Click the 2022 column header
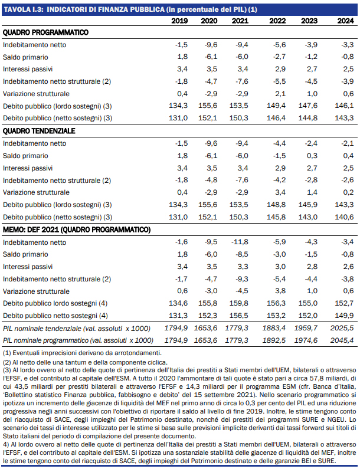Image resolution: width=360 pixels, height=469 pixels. click(277, 21)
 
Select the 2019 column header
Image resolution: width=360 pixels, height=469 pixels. click(179, 21)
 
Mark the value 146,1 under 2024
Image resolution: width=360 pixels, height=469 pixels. click(344, 106)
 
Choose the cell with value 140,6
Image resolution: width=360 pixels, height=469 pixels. click(344, 217)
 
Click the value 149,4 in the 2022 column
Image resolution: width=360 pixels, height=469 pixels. click(278, 106)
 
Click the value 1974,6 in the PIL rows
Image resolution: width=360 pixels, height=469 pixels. click(310, 340)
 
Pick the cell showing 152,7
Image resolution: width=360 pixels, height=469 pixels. click(344, 303)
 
